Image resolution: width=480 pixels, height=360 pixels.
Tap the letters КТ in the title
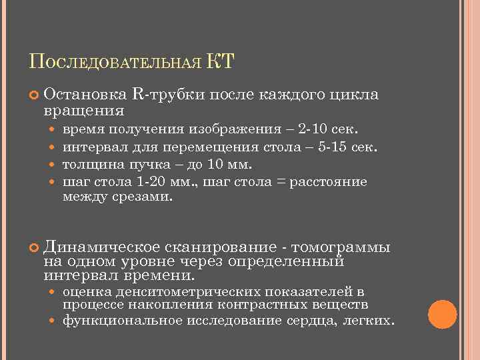221,63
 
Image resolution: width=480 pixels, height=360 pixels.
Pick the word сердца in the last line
315,321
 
